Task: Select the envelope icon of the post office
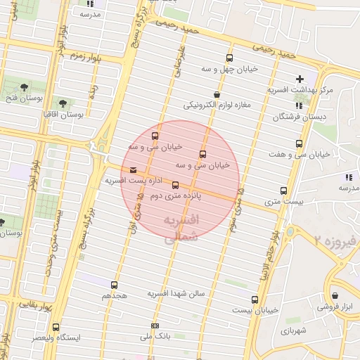point(134,169)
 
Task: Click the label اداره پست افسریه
point(129,181)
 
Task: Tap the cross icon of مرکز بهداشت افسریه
point(300,79)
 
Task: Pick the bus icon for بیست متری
point(283,190)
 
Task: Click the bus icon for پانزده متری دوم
point(175,185)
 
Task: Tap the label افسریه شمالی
point(181,229)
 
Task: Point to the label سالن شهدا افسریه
point(176,293)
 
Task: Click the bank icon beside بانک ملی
point(155,326)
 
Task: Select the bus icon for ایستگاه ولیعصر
point(56,327)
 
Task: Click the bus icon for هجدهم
point(115,285)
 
